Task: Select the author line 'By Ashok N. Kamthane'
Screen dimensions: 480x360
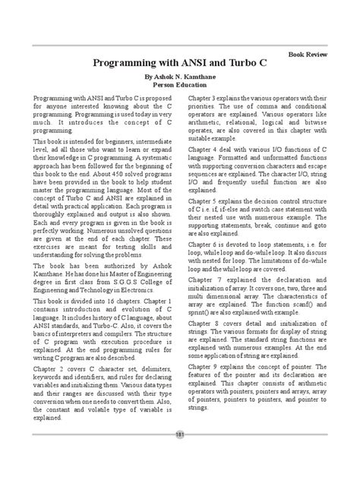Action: click(x=179, y=78)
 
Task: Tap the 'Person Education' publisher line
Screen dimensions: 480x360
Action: click(x=180, y=87)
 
